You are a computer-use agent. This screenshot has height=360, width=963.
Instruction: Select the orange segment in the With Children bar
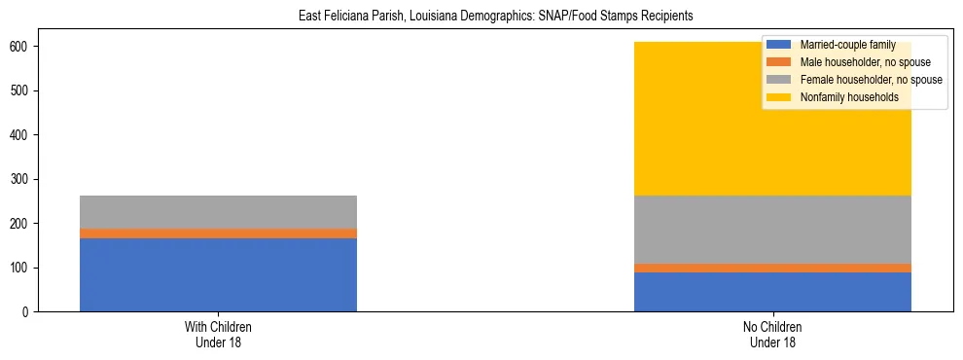pyautogui.click(x=218, y=234)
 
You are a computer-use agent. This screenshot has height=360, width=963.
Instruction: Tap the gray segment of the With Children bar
pyautogui.click(x=218, y=212)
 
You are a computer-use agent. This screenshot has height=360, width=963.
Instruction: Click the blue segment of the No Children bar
pyautogui.click(x=772, y=292)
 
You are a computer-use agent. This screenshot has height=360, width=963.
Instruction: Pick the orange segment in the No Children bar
pyautogui.click(x=772, y=268)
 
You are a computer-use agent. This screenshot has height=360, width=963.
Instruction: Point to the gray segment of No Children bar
pyautogui.click(x=772, y=230)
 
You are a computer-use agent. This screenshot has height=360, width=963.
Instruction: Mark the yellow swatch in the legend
pyautogui.click(x=779, y=97)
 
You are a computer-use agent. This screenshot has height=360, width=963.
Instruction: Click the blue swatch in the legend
pyautogui.click(x=779, y=45)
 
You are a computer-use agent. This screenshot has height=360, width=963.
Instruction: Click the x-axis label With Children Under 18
pyautogui.click(x=218, y=335)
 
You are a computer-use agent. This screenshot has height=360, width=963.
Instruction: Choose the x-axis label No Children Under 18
pyautogui.click(x=772, y=335)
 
